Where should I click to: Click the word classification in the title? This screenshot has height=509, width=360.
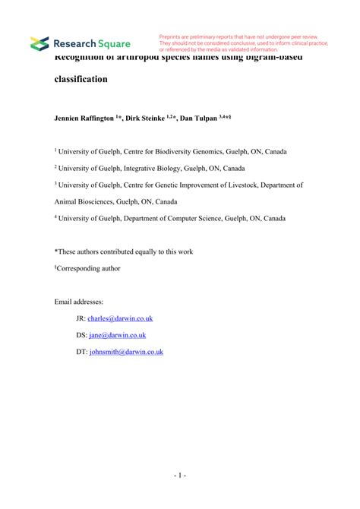pos(81,78)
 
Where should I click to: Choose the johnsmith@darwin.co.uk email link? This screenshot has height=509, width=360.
pos(126,352)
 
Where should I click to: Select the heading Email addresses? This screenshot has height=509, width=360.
pos(84,302)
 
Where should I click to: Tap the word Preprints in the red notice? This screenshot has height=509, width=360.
pos(173,36)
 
